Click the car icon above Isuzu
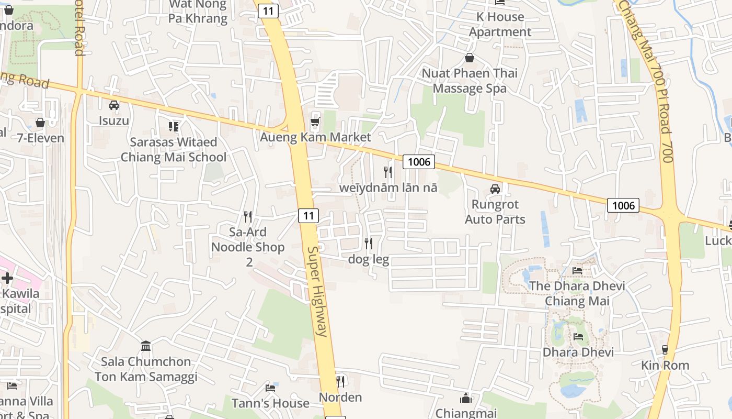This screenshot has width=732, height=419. tap(114, 105)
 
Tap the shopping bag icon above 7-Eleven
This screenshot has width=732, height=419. tap(40, 123)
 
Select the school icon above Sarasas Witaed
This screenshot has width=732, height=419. tap(174, 126)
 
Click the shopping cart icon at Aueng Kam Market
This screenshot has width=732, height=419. tap(315, 122)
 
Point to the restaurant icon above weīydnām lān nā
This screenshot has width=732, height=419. tap(388, 172)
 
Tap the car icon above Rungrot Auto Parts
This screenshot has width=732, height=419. tap(495, 189)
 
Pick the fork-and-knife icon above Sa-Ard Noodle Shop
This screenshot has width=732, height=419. tap(248, 216)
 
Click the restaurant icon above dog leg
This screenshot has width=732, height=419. tap(369, 244)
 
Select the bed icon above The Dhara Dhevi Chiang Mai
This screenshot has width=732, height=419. tap(577, 270)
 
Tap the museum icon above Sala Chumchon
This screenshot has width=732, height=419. tap(146, 346)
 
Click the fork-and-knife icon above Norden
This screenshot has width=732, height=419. tap(340, 381)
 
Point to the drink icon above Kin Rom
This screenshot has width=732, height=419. tap(665, 349)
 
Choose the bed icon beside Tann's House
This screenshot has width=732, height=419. tap(270, 388)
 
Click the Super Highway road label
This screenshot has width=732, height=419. tap(317, 291)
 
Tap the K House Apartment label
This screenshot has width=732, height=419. tap(500, 24)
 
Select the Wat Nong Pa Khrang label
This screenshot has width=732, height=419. tap(198, 12)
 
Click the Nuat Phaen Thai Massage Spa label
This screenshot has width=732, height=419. tap(470, 81)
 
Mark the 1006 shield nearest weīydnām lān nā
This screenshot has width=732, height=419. tap(419, 162)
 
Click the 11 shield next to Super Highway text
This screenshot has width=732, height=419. tap(308, 215)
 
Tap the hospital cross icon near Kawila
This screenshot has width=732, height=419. tap(7, 278)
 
